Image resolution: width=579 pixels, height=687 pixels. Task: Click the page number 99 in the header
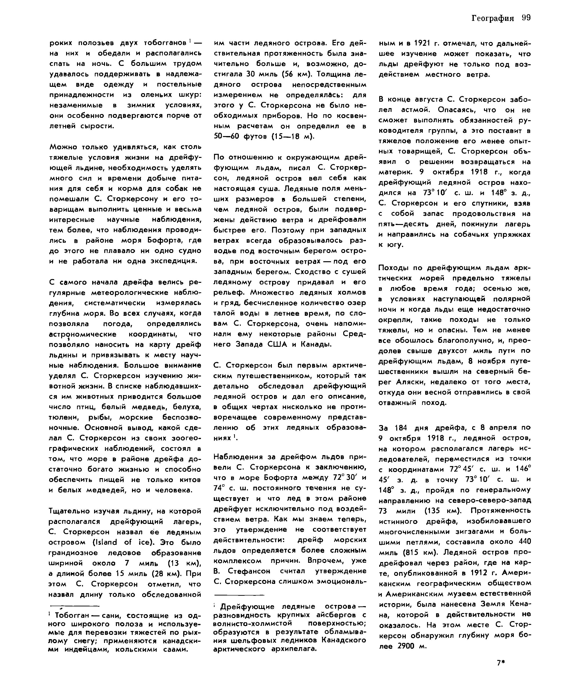(526, 18)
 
